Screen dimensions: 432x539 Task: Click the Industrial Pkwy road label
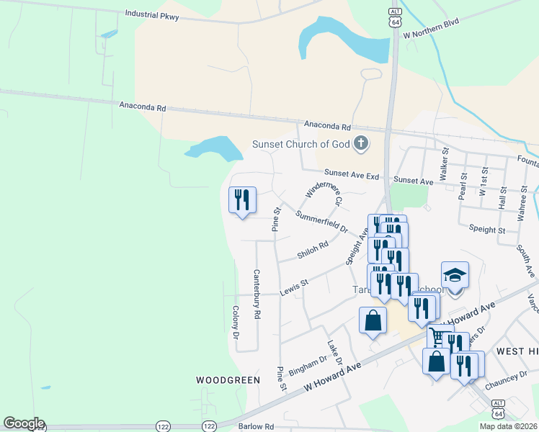coord(152,14)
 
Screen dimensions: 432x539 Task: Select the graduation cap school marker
coord(455,276)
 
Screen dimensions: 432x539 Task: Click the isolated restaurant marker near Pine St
coord(242,199)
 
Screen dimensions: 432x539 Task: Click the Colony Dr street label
coord(236,322)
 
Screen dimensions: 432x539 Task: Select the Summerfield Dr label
coord(321,220)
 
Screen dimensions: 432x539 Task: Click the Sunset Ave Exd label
coord(351,174)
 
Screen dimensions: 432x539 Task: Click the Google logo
coord(24,423)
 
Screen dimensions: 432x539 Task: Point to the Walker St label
coord(445,163)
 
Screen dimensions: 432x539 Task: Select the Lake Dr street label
coord(335,352)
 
